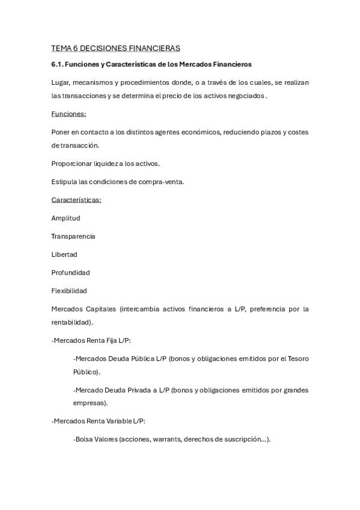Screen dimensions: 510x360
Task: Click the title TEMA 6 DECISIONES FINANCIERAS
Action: [116, 48]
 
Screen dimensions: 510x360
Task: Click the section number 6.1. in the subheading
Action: [58, 64]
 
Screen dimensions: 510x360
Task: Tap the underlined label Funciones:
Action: [69, 114]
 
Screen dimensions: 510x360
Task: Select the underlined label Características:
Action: [76, 200]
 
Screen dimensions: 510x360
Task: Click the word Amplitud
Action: [66, 218]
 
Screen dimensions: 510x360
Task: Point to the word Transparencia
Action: [73, 236]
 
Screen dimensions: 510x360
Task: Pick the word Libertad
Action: [64, 254]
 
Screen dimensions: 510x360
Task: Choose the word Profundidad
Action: [71, 272]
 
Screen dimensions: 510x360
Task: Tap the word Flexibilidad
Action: [69, 290]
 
